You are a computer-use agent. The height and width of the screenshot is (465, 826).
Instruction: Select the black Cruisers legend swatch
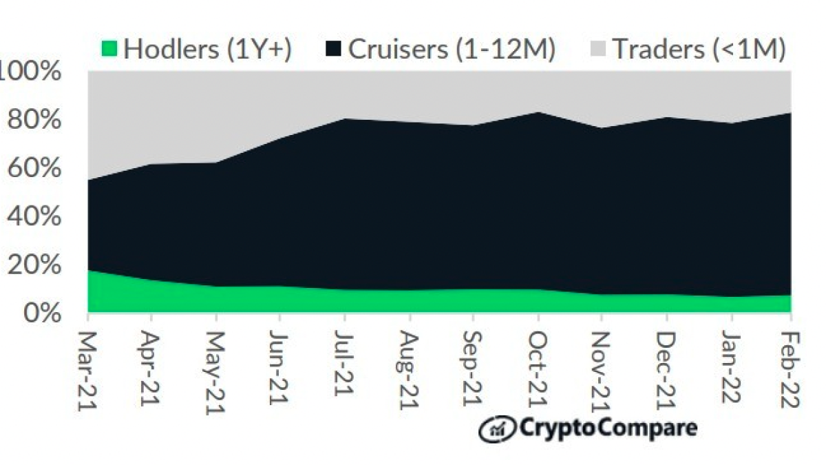coord(334,49)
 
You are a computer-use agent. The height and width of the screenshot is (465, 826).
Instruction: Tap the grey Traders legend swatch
coord(598,49)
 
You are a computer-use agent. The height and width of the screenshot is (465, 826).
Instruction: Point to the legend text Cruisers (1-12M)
coord(451,49)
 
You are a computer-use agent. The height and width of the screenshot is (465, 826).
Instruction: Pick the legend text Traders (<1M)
coord(699,49)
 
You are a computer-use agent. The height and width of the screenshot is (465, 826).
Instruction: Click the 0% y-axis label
coord(39,313)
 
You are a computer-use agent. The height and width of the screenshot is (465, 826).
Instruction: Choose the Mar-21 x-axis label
coord(87,372)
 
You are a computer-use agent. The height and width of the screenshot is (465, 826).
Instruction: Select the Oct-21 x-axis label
coord(538,368)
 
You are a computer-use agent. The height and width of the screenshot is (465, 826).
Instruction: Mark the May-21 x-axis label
coord(216,372)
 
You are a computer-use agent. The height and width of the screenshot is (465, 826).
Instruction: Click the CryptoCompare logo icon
coord(496,428)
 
